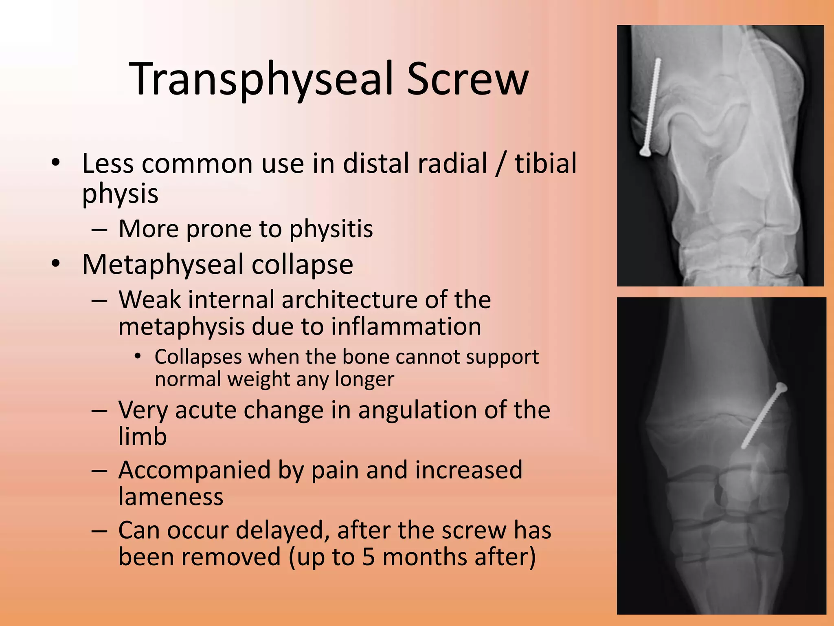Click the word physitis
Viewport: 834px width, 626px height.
pos(331,229)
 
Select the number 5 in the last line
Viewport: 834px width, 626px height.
pos(368,558)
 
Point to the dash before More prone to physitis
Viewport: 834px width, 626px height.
pos(99,230)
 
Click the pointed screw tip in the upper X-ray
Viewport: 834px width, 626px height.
pos(659,60)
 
